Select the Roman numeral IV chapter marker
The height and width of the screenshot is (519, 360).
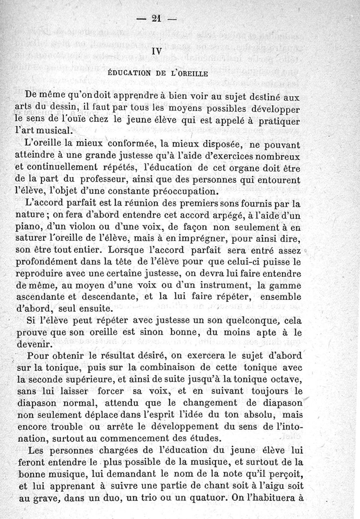(x=157, y=52)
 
